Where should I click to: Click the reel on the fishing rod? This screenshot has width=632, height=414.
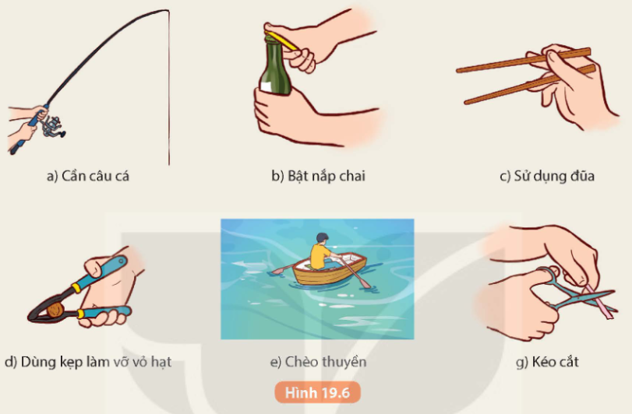pos(52,126)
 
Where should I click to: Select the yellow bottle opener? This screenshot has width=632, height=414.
pos(281,40)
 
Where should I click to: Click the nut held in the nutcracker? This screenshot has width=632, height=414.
pos(55,310)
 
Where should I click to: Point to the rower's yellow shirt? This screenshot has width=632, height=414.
pos(320,256)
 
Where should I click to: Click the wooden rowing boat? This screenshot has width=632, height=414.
pos(329,268)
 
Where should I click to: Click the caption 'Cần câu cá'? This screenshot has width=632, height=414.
pos(88,176)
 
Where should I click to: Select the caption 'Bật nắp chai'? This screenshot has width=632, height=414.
pos(319,176)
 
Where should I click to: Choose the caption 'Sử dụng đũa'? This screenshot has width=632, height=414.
pos(547,176)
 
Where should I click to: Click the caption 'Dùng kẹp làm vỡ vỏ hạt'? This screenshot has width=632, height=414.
pos(88,362)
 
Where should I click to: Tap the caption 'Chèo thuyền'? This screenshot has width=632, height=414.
pos(318,362)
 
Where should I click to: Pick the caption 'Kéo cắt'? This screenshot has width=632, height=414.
pos(547,362)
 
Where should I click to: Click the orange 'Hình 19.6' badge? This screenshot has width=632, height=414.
pos(318,392)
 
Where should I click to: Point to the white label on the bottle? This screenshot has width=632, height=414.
pos(266,87)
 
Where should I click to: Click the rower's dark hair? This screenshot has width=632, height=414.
pos(322,237)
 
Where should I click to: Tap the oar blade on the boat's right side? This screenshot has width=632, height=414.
pos(365,283)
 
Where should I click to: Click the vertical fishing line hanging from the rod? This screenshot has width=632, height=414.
pos(169,88)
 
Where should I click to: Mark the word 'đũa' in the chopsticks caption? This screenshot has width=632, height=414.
pos(582,175)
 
